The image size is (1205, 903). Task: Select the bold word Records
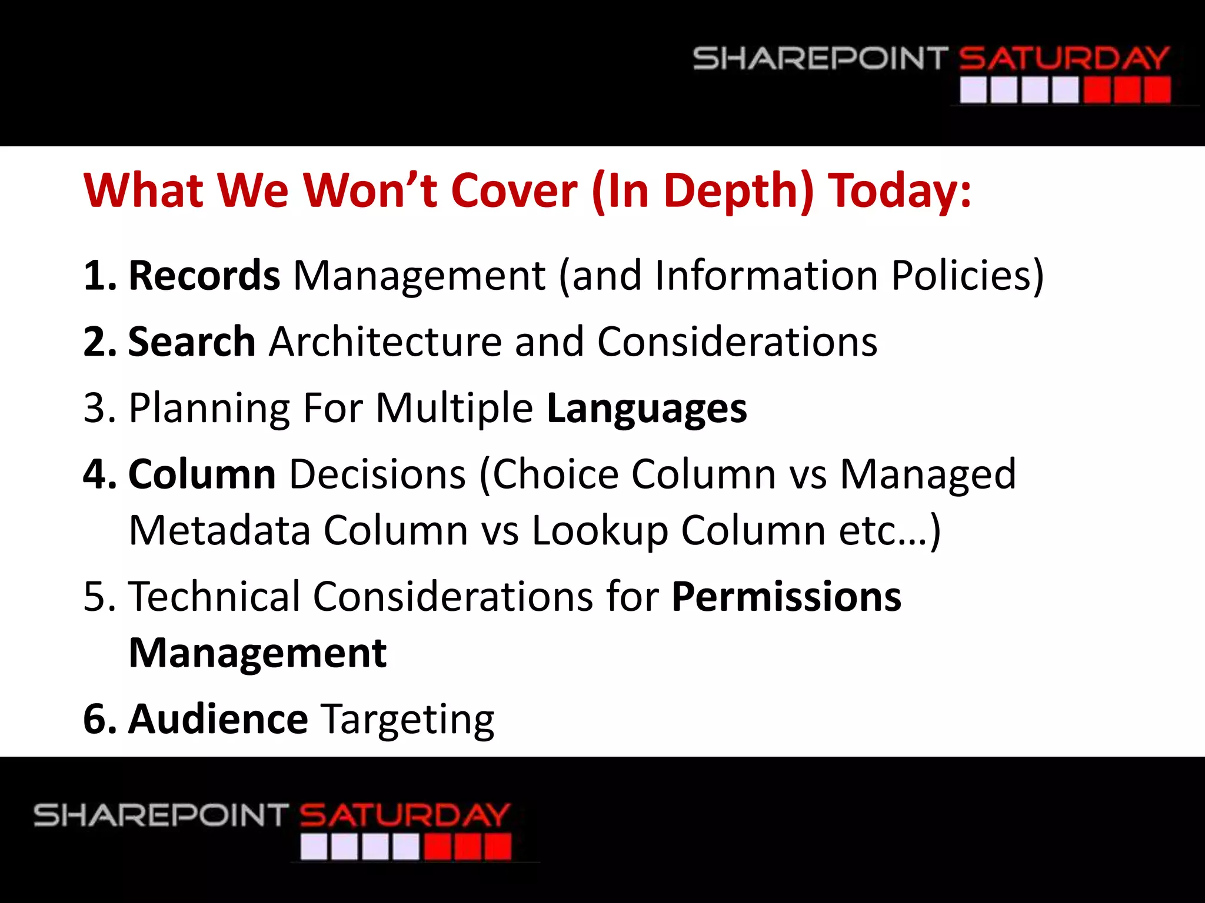point(204,275)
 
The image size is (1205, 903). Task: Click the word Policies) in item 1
point(967,275)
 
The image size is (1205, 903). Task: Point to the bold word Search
point(192,342)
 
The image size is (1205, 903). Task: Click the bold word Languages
point(647,408)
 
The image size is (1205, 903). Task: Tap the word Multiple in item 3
point(454,408)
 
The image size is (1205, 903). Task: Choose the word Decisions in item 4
point(378,474)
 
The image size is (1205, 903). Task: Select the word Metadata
point(219,530)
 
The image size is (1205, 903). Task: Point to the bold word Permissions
point(786,597)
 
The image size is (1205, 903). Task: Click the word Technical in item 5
point(214,597)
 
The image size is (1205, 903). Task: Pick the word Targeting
point(408,720)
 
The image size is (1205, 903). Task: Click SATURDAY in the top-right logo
point(1064,59)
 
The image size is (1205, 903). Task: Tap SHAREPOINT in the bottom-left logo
point(161,815)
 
